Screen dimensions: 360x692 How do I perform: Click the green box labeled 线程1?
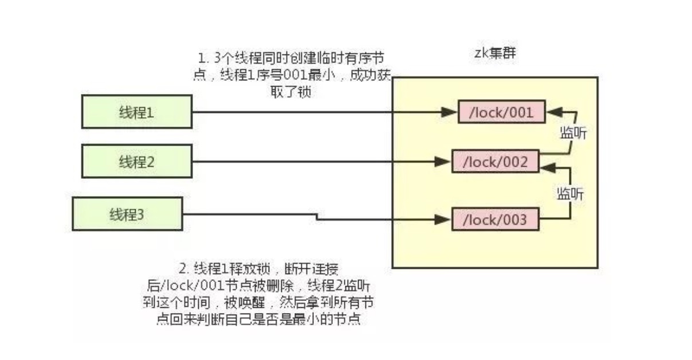(x=136, y=112)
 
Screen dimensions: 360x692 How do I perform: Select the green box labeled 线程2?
(x=136, y=161)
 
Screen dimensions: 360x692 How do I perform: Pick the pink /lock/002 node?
(x=496, y=162)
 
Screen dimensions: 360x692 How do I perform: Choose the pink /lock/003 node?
(x=496, y=219)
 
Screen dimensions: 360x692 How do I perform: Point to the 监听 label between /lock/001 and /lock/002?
(x=572, y=133)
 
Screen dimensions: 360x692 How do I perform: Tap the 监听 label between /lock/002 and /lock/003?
(x=570, y=194)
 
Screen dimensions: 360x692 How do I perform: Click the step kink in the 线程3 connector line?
(x=316, y=217)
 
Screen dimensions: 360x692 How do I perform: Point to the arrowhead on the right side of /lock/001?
(x=552, y=112)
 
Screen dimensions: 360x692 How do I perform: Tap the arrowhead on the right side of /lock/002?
(x=548, y=166)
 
